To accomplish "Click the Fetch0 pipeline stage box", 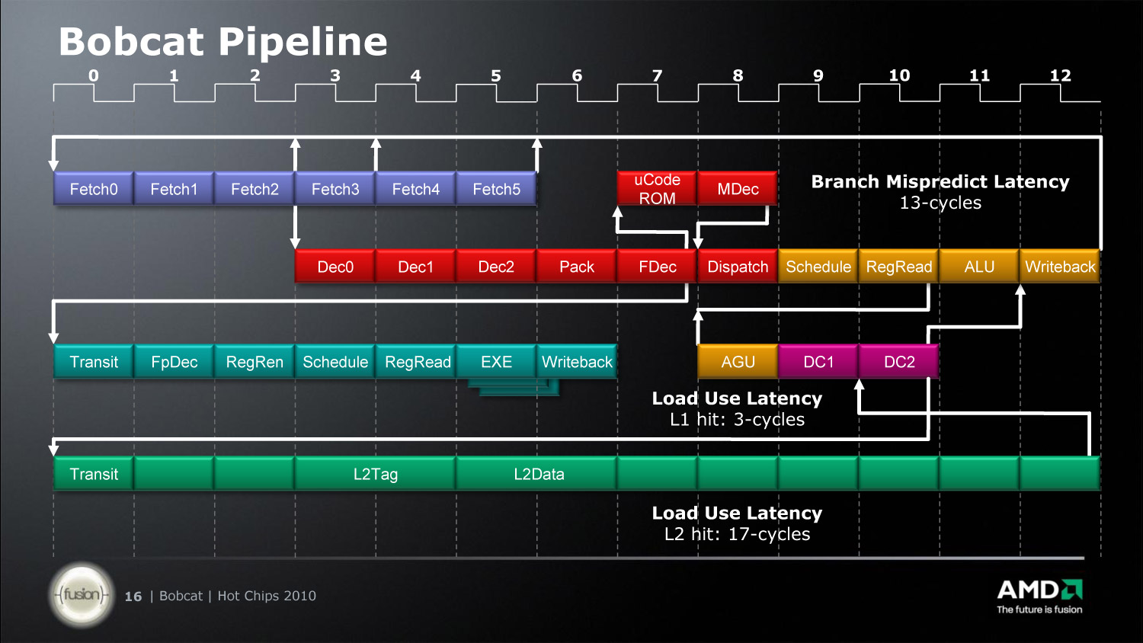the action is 94,189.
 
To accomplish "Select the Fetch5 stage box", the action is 497,189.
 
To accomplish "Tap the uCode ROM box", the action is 657,189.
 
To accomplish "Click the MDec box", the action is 738,189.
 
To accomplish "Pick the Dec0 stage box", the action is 335,267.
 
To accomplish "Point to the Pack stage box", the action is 577,267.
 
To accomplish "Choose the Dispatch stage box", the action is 738,267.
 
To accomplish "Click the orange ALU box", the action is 979,267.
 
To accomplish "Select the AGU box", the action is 738,362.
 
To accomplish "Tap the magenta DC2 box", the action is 899,362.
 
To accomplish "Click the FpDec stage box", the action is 174,362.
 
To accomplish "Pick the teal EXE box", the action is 497,362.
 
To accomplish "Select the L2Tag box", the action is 376,474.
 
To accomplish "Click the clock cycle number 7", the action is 657,75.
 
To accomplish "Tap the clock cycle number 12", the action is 1060,75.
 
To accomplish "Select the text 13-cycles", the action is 940,203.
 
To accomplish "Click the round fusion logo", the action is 82,594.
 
